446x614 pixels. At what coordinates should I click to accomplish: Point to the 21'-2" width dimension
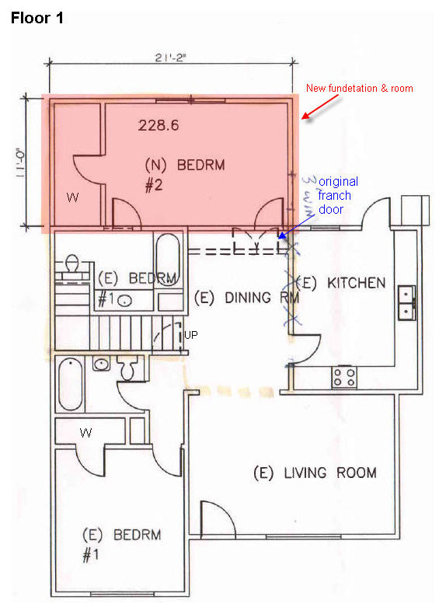pyautogui.click(x=170, y=55)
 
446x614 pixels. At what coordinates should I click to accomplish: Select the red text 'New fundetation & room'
pyautogui.click(x=359, y=89)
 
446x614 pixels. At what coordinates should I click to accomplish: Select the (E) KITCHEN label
pyautogui.click(x=340, y=283)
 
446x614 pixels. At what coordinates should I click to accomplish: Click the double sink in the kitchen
pyautogui.click(x=406, y=302)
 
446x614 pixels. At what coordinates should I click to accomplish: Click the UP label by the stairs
pyautogui.click(x=191, y=336)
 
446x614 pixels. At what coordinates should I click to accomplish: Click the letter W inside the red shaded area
pyautogui.click(x=72, y=198)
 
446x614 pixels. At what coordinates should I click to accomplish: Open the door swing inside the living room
pyautogui.click(x=218, y=519)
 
